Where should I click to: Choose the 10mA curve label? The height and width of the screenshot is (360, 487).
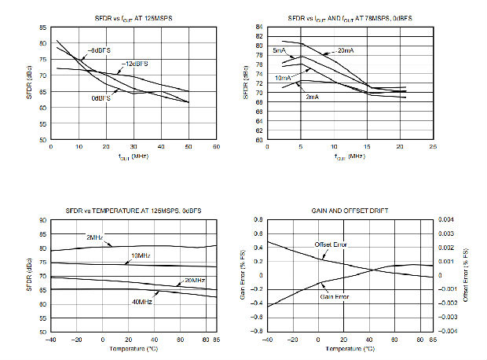click(x=284, y=79)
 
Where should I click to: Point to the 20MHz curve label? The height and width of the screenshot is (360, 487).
click(x=194, y=281)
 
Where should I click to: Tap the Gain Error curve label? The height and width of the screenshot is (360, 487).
click(x=333, y=297)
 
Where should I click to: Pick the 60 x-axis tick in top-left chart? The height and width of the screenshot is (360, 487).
click(x=216, y=147)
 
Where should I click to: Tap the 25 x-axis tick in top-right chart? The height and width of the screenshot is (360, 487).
click(x=432, y=147)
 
